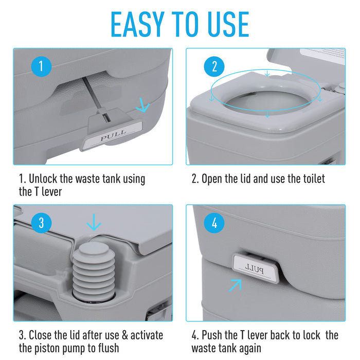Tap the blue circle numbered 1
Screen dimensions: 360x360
click(x=42, y=66)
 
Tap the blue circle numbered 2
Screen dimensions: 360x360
click(x=214, y=66)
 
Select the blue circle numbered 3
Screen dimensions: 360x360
click(x=42, y=223)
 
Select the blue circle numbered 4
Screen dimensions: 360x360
click(x=214, y=223)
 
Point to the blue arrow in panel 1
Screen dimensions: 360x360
click(x=142, y=106)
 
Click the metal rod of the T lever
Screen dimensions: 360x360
click(x=92, y=95)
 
